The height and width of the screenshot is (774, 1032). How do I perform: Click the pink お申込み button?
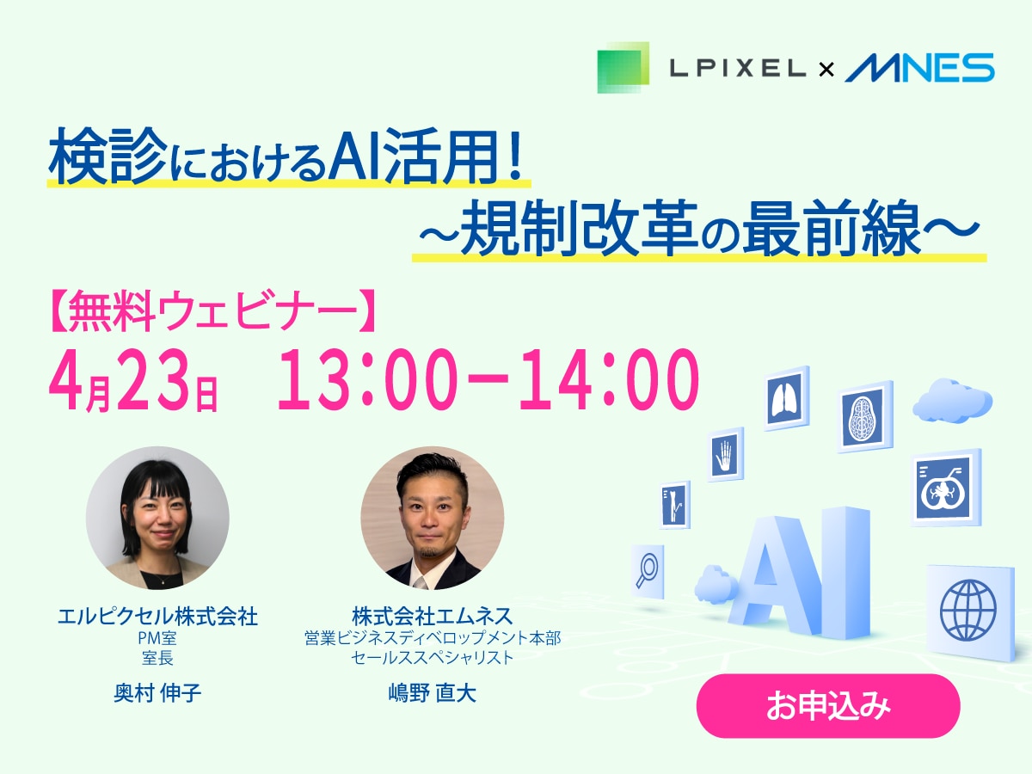pyautogui.click(x=827, y=706)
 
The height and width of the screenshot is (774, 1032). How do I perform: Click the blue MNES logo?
pyautogui.click(x=919, y=67)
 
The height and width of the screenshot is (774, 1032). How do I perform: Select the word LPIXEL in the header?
pyautogui.click(x=737, y=68)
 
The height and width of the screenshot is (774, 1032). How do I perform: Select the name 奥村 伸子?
pyautogui.click(x=157, y=693)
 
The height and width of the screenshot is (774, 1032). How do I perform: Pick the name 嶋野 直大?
pyautogui.click(x=432, y=693)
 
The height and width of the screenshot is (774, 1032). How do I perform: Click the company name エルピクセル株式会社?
pyautogui.click(x=157, y=616)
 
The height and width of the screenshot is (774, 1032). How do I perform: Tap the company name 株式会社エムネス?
pyautogui.click(x=432, y=616)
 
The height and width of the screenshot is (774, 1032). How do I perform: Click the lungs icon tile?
pyautogui.click(x=787, y=398)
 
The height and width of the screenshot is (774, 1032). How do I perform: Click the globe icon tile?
pyautogui.click(x=969, y=610)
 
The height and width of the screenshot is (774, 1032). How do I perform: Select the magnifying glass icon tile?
pyautogui.click(x=648, y=570)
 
